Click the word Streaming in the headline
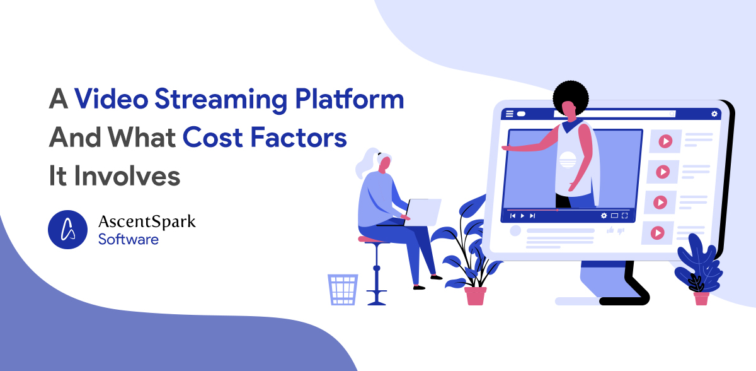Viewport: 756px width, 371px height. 221,99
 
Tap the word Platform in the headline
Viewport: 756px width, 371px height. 349,98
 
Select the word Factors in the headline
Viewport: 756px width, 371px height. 299,138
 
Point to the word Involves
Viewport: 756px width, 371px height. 127,175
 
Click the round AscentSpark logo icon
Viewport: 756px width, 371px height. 67,230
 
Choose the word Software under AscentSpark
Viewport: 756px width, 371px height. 129,240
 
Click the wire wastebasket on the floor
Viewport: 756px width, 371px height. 343,290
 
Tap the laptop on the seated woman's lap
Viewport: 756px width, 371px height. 422,212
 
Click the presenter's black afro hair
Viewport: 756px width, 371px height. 571,97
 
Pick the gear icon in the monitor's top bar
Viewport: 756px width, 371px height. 714,114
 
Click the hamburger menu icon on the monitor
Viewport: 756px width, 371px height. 509,114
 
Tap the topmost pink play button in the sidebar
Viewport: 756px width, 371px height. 665,141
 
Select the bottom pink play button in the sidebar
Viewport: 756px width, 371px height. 658,233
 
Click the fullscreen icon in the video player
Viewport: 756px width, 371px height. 625,216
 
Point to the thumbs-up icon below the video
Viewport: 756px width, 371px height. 610,230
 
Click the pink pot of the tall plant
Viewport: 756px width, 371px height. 475,296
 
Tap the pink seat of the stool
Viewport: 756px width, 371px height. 372,240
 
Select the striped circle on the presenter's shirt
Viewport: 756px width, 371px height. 568,160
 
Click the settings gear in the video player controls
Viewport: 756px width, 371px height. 604,216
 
